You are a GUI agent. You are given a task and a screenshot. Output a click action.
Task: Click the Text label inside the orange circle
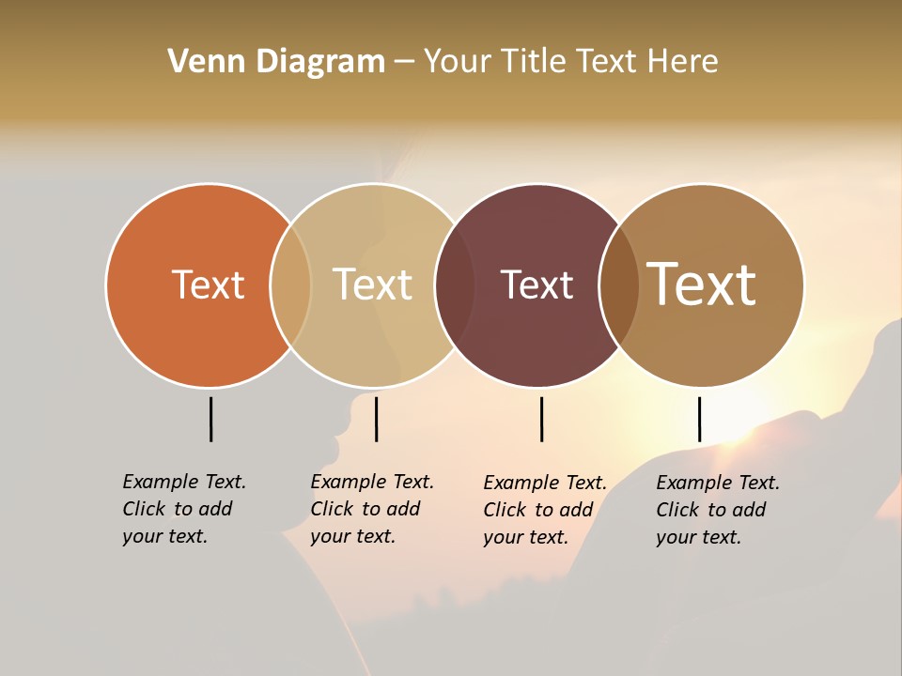coord(208,284)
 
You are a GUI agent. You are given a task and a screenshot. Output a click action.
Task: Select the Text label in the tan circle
coord(372,284)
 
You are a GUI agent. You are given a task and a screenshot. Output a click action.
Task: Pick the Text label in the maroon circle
coord(537,284)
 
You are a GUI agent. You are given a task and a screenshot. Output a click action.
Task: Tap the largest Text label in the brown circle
coord(702,284)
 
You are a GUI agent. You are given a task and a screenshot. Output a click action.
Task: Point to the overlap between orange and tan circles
coord(290,284)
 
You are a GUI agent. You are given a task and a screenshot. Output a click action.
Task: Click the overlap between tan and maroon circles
coord(455,284)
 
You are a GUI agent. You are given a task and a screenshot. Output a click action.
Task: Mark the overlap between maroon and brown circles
coord(619,284)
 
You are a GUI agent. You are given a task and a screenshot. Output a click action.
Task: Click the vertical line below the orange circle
coord(210,419)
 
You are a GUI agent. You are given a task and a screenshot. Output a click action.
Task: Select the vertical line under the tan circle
coord(376,419)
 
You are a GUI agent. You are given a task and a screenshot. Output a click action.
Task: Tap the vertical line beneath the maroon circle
coord(541,419)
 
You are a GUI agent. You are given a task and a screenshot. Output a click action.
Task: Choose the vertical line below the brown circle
coord(699,419)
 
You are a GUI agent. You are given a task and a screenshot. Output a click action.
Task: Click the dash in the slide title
coord(404,62)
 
